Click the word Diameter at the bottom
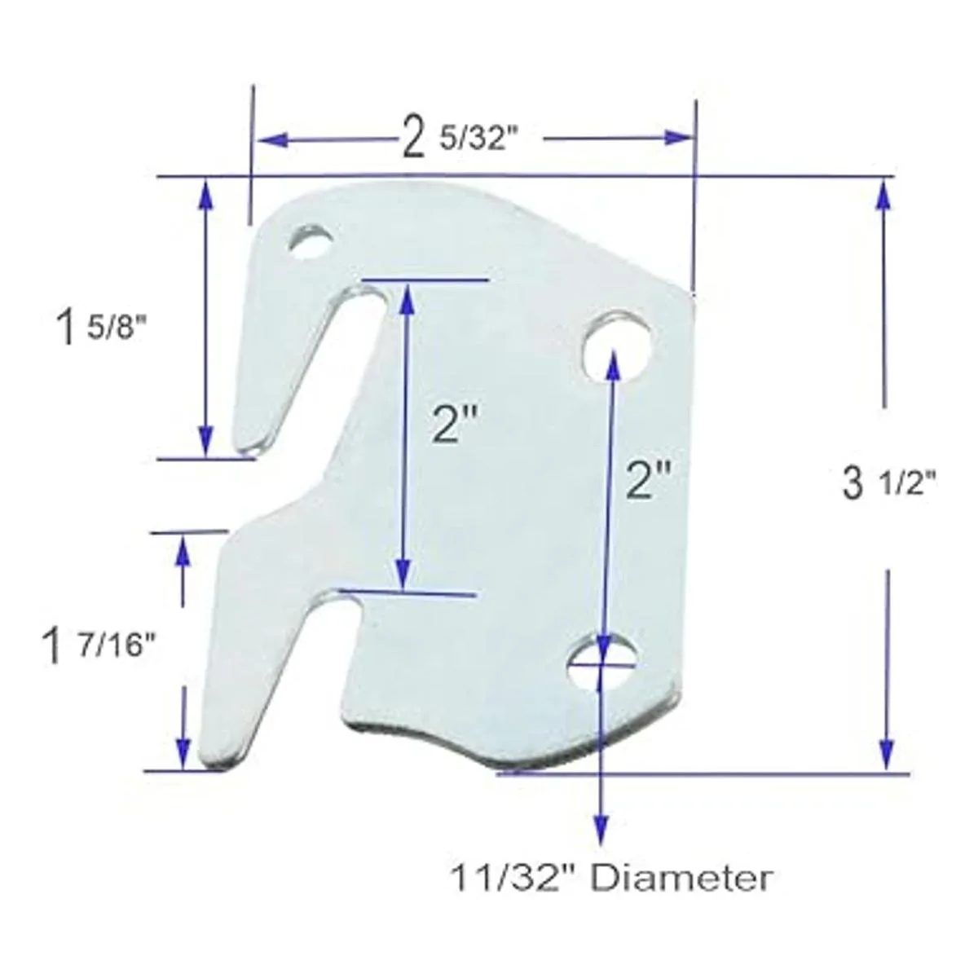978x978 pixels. [680, 879]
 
